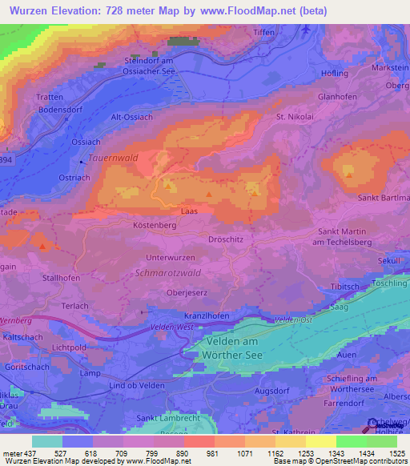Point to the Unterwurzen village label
[172, 257]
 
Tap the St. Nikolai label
[292, 117]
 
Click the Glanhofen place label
[337, 96]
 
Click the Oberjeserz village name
[187, 293]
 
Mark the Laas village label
[189, 211]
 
